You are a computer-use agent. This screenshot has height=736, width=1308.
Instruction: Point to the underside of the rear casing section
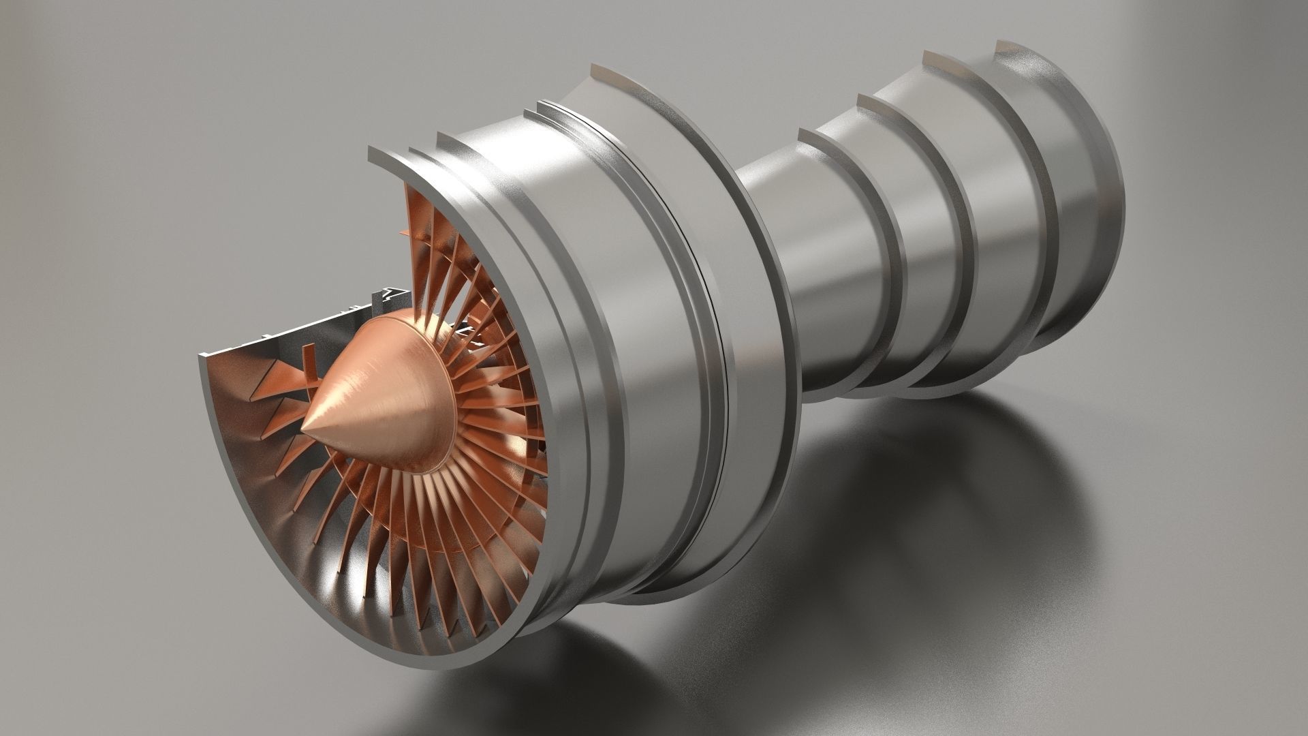[954, 368]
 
